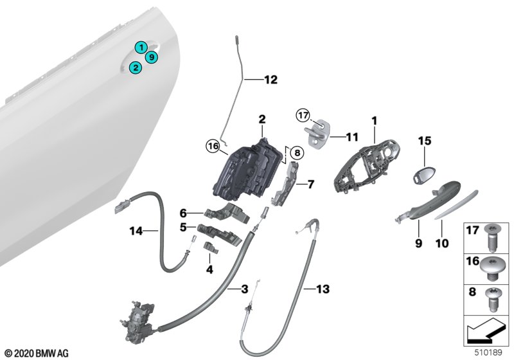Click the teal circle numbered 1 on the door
pos(140,46)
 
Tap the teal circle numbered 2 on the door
pos(135,67)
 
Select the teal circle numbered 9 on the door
pos(152,57)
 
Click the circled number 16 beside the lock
pos(212,147)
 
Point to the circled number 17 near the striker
pos(303,116)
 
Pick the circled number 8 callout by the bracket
pos(295,154)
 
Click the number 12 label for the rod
pos(270,80)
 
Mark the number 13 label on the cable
pos(323,290)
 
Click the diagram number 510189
pos(493,352)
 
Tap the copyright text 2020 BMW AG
pos(40,353)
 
